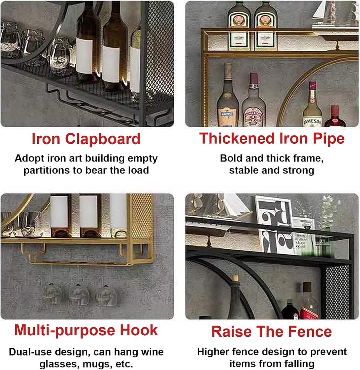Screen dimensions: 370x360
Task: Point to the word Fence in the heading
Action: [311, 331]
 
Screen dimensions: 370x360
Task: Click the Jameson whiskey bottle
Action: [312, 106]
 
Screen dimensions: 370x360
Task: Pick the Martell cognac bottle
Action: [227, 98]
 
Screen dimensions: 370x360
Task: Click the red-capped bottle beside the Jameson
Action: [335, 117]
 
